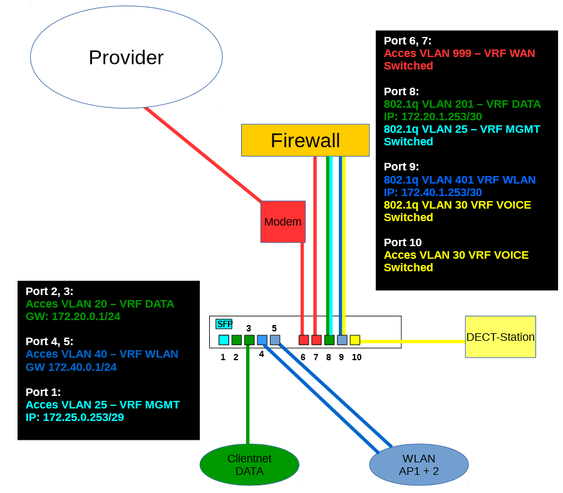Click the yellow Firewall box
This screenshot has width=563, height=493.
coord(305,140)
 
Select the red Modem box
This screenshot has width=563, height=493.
coord(282,222)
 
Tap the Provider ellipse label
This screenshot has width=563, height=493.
coord(126,58)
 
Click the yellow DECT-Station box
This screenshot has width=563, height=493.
coord(500,337)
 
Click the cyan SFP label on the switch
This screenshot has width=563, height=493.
coord(224,324)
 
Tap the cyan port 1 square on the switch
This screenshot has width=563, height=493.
coord(224,340)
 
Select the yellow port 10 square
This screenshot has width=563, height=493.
coord(355,340)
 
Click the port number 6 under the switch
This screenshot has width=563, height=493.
coord(302,357)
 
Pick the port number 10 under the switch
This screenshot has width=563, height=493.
coord(356,357)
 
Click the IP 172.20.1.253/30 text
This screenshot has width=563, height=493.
coord(433,117)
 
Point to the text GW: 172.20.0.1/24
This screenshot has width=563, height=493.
coord(73,316)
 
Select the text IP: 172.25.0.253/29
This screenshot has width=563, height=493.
coord(75,417)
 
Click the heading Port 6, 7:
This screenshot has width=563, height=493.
coord(407,41)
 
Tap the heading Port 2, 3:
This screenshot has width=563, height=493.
coord(49,291)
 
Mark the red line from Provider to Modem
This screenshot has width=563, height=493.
coord(200,153)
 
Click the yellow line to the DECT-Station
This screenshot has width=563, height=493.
coord(413,341)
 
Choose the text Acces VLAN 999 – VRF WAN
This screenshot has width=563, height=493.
coord(459,53)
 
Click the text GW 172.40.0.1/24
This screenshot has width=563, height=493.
coord(71,366)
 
